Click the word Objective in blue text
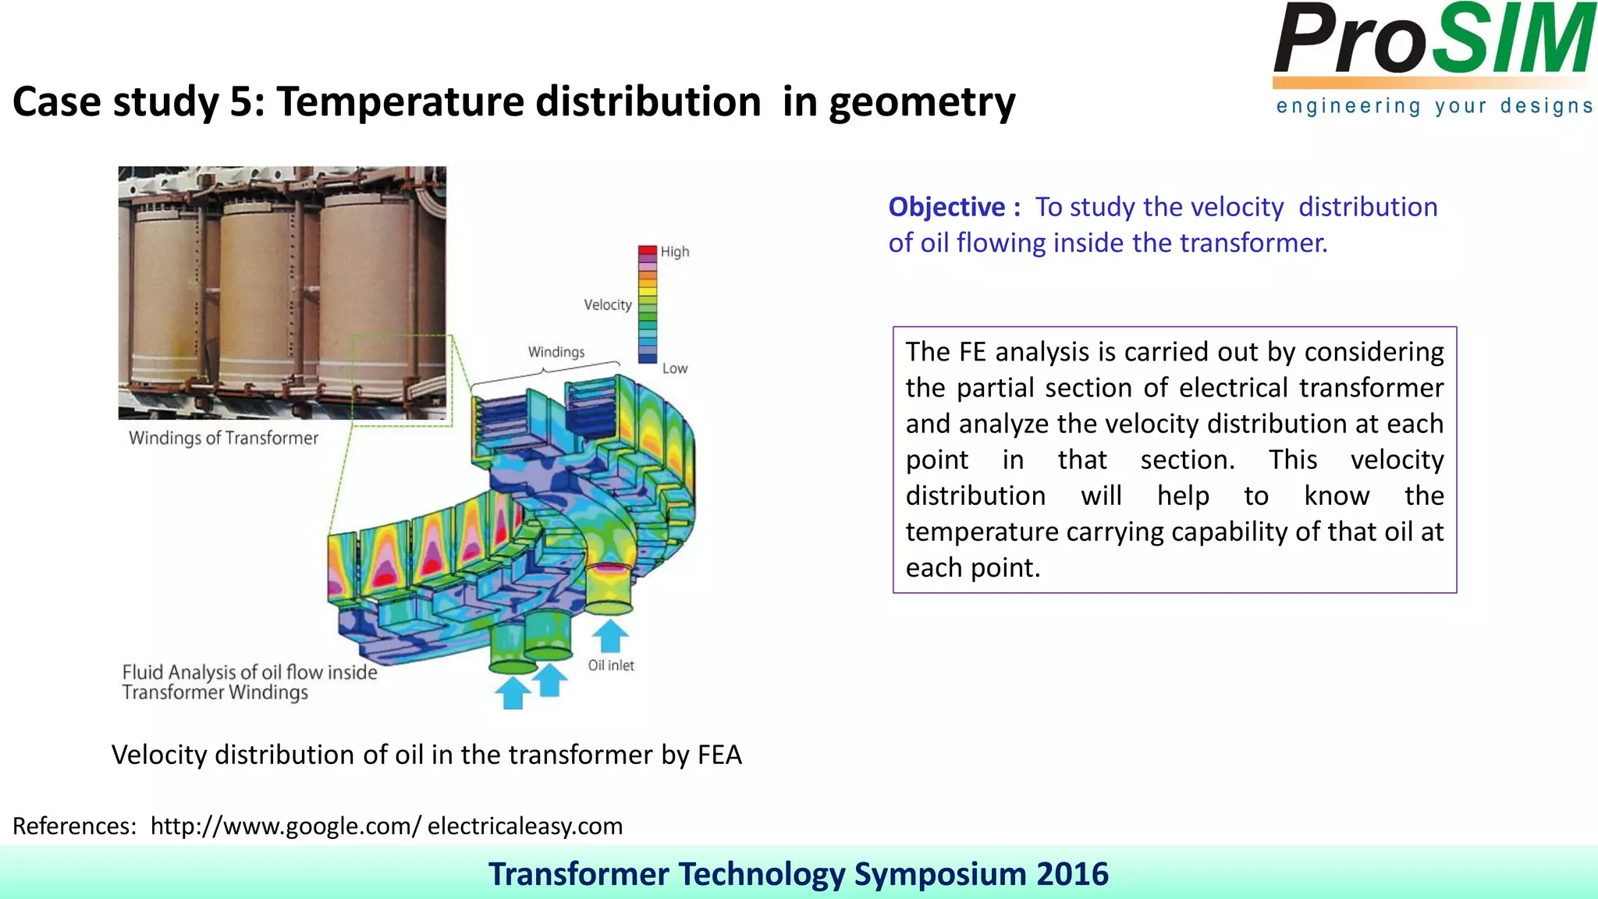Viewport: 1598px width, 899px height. click(x=946, y=208)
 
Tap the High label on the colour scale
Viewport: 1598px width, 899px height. click(x=675, y=252)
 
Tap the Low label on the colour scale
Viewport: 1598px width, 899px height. click(x=675, y=368)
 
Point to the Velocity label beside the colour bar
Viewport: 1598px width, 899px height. click(x=607, y=305)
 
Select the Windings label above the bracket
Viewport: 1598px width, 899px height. click(x=556, y=352)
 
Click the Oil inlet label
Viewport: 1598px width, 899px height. click(x=610, y=666)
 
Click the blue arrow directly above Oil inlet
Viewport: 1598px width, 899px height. click(x=610, y=635)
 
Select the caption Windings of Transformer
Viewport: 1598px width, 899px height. click(x=223, y=439)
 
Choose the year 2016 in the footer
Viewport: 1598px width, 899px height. click(x=1072, y=874)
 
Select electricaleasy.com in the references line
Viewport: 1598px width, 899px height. click(x=525, y=826)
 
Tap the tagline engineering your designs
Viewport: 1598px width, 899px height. click(x=1434, y=106)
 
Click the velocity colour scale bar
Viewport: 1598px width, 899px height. click(x=648, y=305)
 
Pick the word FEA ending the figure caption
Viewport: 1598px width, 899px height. click(x=719, y=755)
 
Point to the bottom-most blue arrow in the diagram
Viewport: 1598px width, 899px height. click(x=513, y=692)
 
